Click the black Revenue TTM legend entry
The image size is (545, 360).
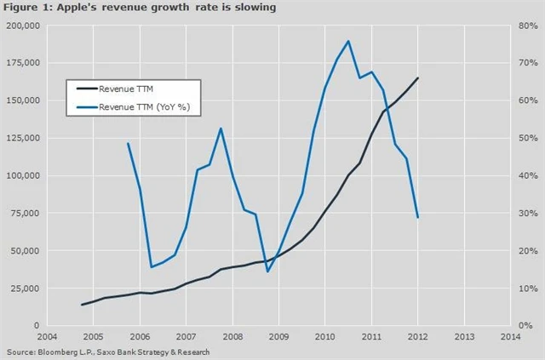125,88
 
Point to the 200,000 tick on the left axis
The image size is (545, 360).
23,26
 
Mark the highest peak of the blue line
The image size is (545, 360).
348,41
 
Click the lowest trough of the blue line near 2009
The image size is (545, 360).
267,271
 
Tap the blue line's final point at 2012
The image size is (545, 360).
418,218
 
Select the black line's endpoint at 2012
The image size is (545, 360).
418,78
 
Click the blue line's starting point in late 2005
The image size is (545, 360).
128,143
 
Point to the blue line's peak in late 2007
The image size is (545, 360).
221,129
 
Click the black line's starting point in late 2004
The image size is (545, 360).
82,305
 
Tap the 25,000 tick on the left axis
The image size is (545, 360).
26,288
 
